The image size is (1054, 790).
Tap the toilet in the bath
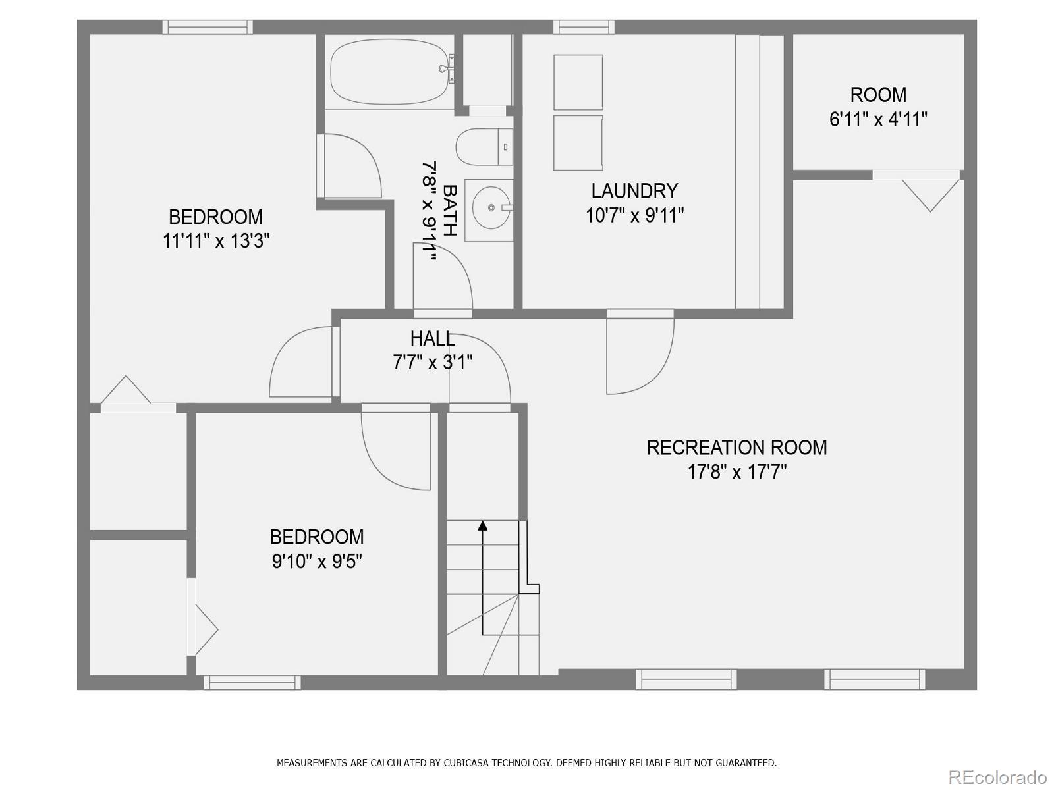point(484,147)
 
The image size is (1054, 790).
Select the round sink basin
point(491,208)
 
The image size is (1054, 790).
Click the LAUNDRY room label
point(634,191)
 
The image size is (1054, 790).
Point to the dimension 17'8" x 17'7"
point(736,472)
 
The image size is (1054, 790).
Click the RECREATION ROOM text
point(736,448)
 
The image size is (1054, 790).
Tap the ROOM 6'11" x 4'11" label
point(878,107)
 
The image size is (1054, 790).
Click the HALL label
point(432,338)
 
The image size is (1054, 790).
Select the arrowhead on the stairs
point(483,525)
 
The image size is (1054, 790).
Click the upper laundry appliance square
point(578,82)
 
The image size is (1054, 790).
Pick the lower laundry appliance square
point(578,143)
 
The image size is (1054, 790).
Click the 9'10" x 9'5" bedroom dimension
point(317,562)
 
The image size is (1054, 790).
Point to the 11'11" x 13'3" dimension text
point(216,241)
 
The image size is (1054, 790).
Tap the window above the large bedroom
point(208,27)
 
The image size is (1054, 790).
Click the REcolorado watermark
point(997,777)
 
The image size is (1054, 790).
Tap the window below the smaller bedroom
point(252,683)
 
